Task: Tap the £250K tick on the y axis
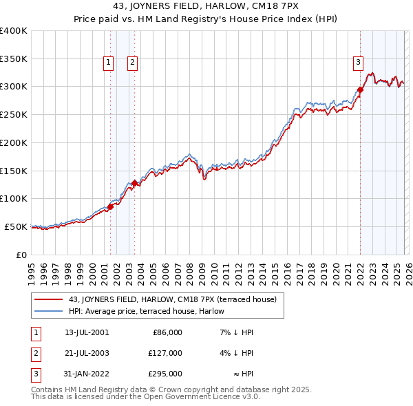[x=14, y=115]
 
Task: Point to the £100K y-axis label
[x=14, y=199]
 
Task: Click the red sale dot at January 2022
[x=360, y=89]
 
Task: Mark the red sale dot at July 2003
[x=134, y=183]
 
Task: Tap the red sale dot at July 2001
[x=110, y=206]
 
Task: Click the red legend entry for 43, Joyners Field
[x=172, y=299]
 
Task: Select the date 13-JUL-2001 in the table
[x=86, y=332]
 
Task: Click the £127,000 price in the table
[x=165, y=353]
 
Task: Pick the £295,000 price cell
[x=165, y=374]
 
